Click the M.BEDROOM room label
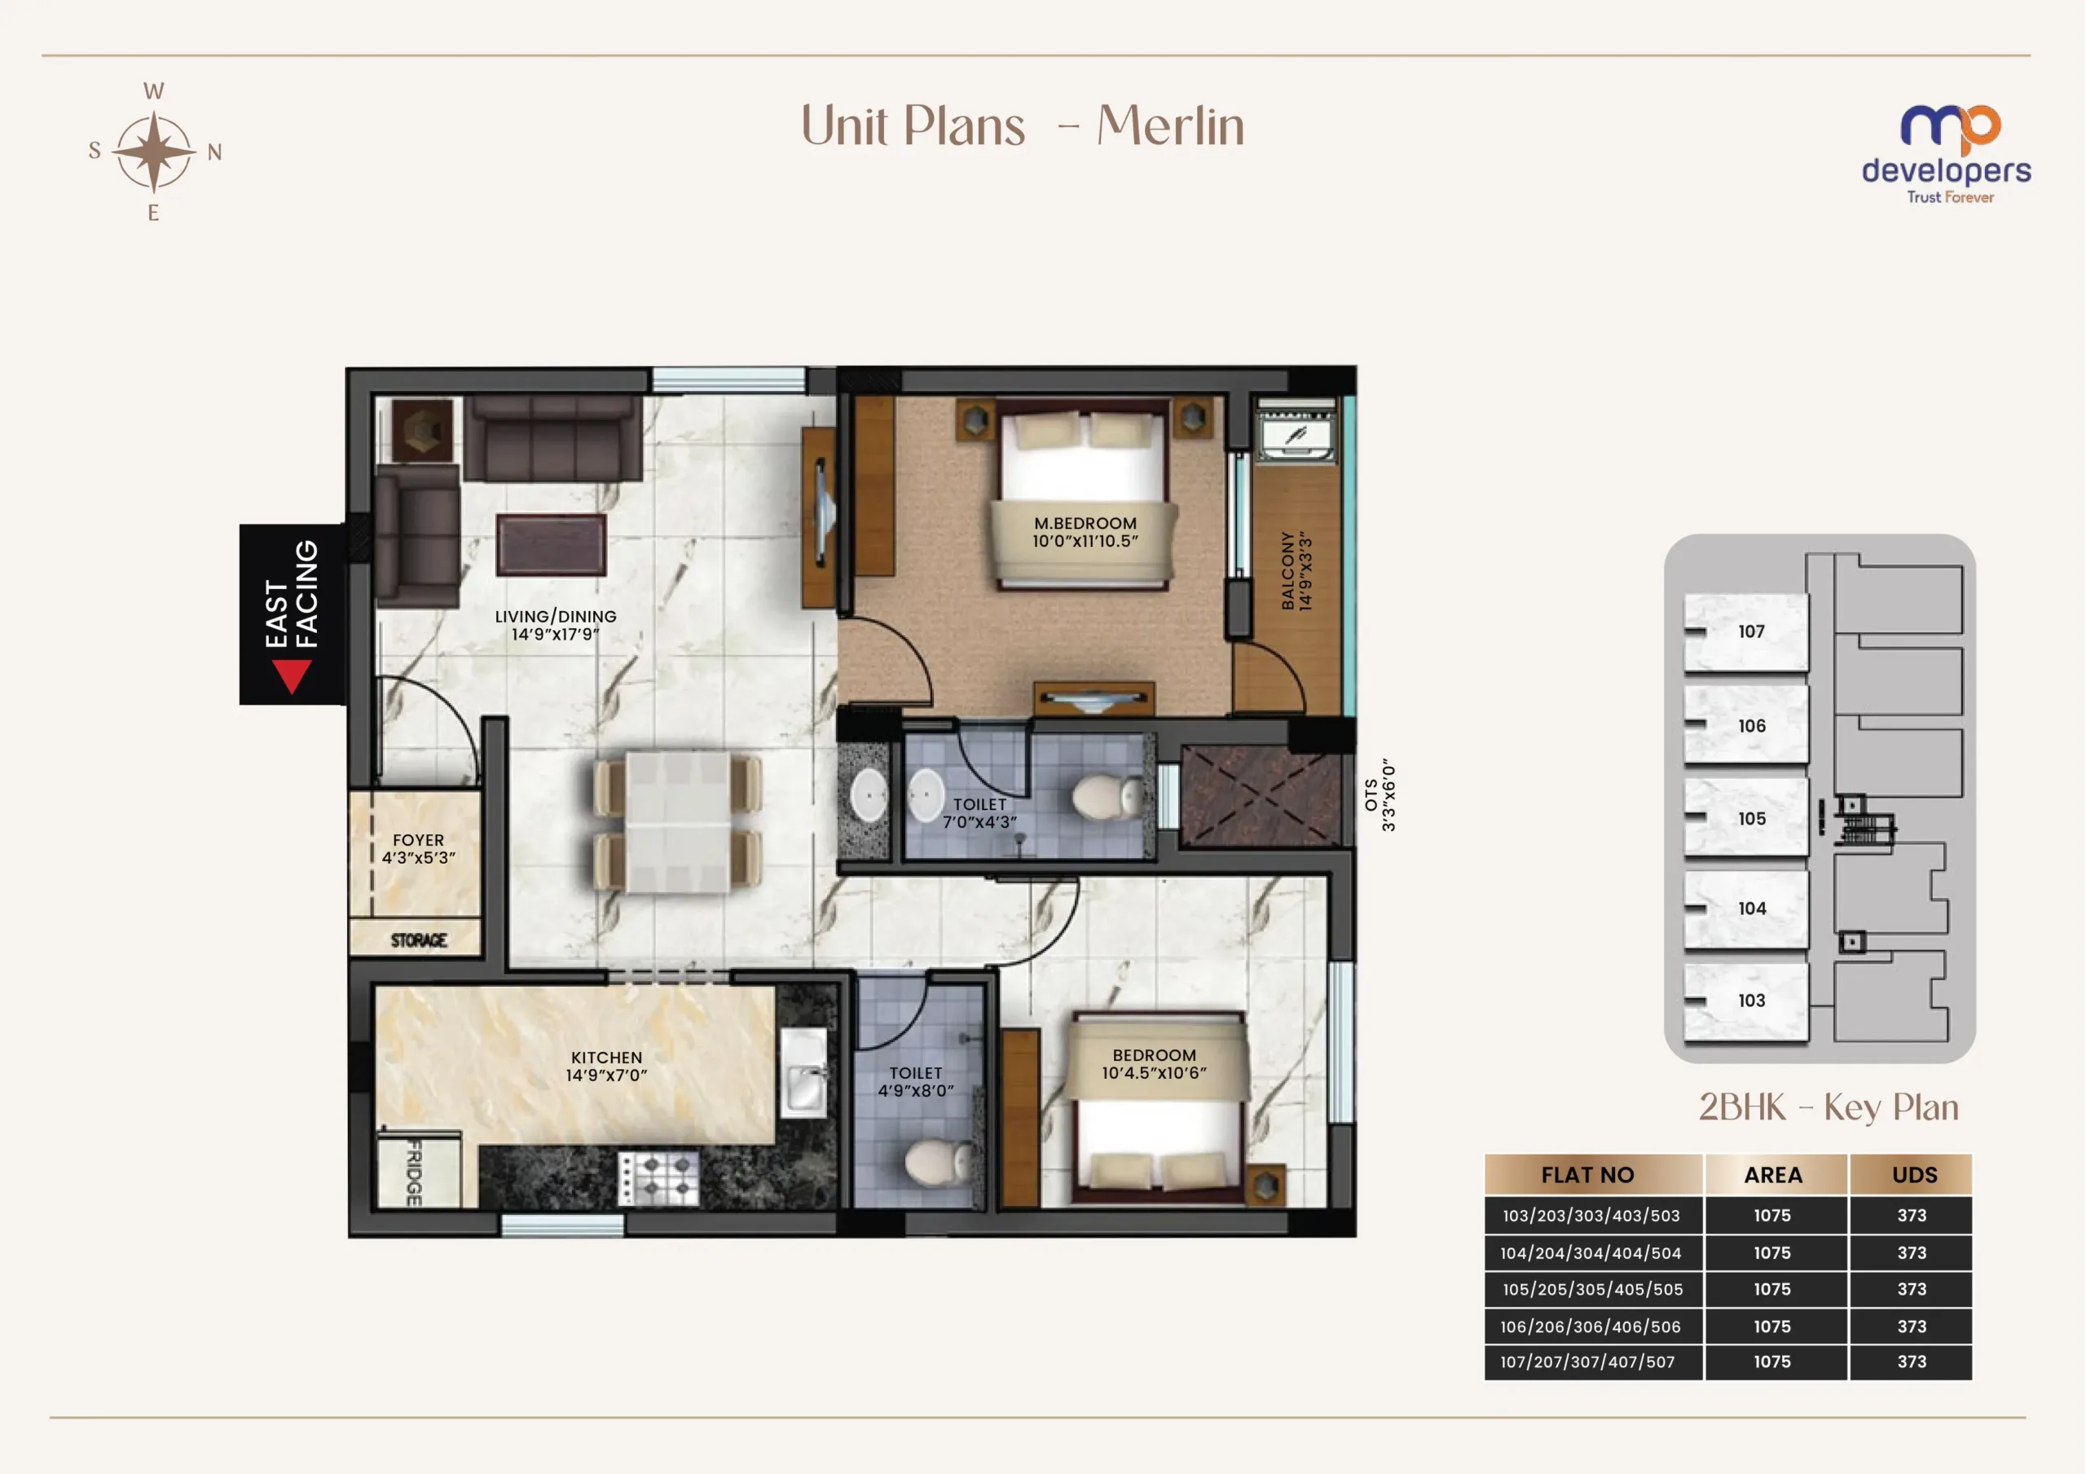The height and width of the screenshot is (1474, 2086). click(x=1085, y=523)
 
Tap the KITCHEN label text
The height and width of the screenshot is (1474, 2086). click(x=606, y=1058)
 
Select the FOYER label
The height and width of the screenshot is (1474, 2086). click(x=418, y=841)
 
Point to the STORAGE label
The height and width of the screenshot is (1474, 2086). click(x=419, y=939)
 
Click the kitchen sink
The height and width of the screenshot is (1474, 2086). click(x=804, y=1073)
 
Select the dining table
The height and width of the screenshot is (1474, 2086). click(x=677, y=821)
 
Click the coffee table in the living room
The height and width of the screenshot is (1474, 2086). click(x=551, y=544)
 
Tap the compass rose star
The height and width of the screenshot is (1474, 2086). click(x=155, y=152)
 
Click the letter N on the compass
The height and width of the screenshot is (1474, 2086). click(x=214, y=152)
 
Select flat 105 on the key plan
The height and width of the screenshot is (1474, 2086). click(x=1745, y=817)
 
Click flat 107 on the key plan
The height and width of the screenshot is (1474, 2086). click(x=1745, y=631)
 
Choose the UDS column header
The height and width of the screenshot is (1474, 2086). click(x=1914, y=1175)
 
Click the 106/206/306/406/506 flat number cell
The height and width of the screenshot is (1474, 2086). click(x=1591, y=1326)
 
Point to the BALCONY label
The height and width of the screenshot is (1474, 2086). click(x=1287, y=570)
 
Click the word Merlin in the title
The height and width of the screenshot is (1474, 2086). click(x=1170, y=125)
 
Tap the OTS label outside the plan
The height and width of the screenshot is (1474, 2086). click(x=1371, y=795)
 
